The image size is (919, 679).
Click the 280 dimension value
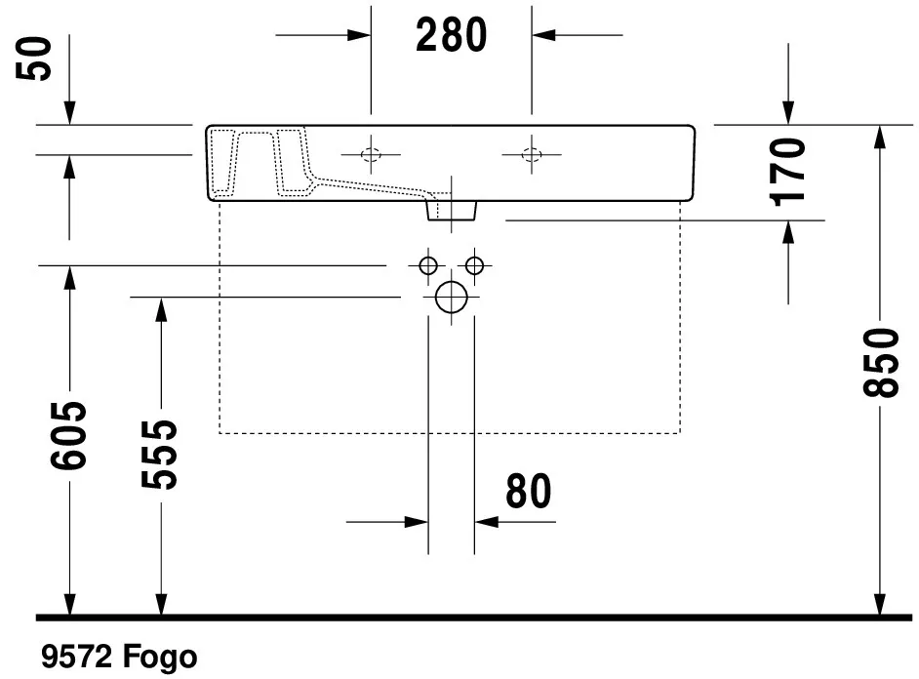point(451,35)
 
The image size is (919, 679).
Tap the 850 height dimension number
point(880,363)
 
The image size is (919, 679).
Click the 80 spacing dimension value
point(529,493)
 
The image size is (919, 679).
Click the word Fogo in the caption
point(160,657)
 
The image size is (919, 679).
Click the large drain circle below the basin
point(452,297)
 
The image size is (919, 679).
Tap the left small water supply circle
point(427,264)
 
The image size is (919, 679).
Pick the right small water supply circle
point(475,264)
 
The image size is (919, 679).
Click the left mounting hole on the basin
point(371,154)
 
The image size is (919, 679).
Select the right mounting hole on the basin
point(531,154)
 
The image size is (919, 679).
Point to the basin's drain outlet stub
point(452,209)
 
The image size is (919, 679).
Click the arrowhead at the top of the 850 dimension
point(880,136)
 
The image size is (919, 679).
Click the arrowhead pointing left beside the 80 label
point(486,522)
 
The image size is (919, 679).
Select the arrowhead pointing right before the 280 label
point(360,35)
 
